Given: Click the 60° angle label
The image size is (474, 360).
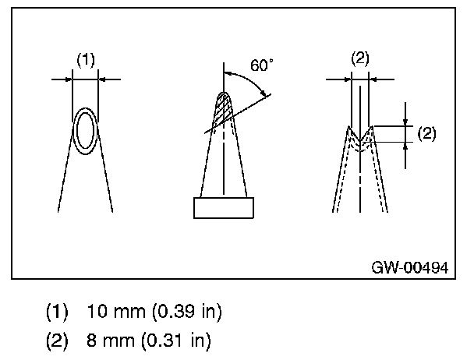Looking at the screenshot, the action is [x=262, y=65].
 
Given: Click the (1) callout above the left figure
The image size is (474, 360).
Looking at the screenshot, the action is [x=85, y=58].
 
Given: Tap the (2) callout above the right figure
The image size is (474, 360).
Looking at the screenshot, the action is [x=360, y=58].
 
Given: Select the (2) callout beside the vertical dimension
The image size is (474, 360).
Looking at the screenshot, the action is [x=426, y=132].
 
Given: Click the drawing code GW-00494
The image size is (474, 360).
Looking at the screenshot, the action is [x=409, y=267].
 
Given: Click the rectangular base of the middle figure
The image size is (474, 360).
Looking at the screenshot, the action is [x=224, y=208].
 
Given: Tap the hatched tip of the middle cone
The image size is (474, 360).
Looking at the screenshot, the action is [x=224, y=109].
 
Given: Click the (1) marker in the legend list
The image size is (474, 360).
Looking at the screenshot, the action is [x=58, y=312].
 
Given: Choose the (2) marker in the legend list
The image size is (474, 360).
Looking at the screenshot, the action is [x=58, y=340].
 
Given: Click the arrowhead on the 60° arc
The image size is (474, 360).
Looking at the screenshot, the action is [x=266, y=94].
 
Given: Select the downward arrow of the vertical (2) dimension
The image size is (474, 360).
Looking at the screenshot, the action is [x=406, y=121].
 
